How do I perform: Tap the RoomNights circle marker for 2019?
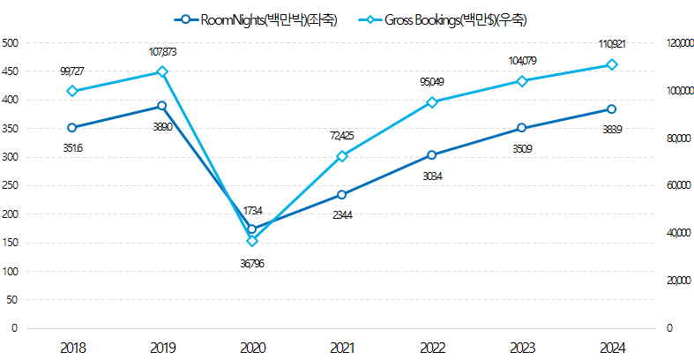tap(162, 106)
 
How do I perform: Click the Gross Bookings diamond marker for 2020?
tap(252, 241)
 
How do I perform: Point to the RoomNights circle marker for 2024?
tap(611, 109)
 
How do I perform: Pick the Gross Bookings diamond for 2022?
tap(432, 102)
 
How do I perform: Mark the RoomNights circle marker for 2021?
tap(342, 194)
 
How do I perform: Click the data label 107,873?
tap(162, 52)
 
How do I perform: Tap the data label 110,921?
tap(611, 43)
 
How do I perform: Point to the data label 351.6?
tap(72, 148)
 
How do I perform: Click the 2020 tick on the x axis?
tap(252, 348)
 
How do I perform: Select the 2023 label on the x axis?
tap(521, 348)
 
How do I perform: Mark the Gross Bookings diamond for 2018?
tap(72, 91)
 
